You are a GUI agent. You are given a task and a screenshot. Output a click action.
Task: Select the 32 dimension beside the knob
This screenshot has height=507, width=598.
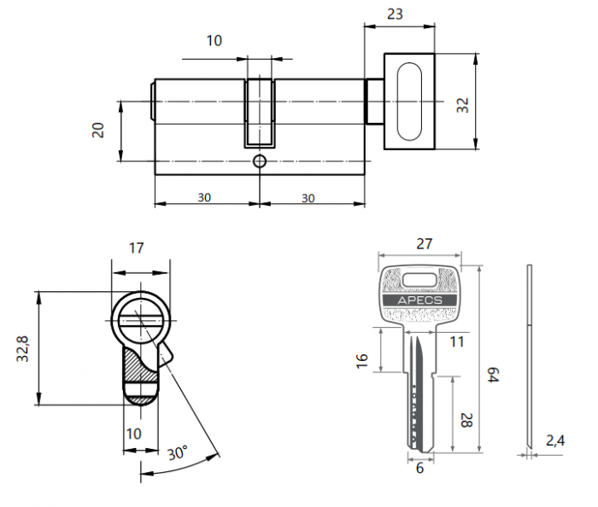click(462, 104)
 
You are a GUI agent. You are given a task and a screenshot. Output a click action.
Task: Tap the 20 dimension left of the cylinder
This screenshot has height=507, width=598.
click(97, 130)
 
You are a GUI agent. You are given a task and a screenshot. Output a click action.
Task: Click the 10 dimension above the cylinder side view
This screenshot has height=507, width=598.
click(214, 40)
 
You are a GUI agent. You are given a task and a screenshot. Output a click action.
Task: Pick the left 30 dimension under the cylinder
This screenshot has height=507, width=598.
click(205, 197)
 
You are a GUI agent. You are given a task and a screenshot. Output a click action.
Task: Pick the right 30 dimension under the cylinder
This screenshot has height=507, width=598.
click(308, 197)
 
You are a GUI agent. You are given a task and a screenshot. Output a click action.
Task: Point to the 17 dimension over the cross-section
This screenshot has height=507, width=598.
click(136, 248)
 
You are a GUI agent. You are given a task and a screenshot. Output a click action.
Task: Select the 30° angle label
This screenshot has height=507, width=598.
click(177, 453)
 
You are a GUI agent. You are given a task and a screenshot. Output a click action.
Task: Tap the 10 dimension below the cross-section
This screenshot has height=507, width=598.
click(133, 434)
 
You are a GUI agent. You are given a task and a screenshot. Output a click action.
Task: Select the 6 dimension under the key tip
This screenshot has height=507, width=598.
click(419, 469)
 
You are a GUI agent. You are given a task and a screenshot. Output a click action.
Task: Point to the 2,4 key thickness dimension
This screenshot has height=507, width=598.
click(555, 441)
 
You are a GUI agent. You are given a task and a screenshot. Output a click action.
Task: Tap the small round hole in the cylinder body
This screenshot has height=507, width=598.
click(260, 160)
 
